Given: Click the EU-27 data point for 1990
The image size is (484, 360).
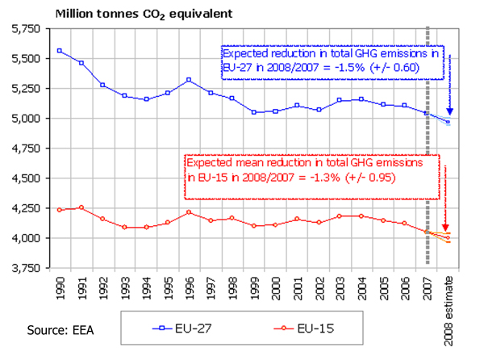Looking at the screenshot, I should [x=60, y=51].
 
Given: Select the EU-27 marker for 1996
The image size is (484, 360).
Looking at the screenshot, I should [x=187, y=80].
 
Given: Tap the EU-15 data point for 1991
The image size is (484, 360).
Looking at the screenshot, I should [x=81, y=207].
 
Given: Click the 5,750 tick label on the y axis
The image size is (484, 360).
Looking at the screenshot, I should [x=27, y=29].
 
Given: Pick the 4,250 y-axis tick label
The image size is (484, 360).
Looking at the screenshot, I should [x=27, y=208].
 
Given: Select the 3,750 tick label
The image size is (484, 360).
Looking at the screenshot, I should [x=27, y=268].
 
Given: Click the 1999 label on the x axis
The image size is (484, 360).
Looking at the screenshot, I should [x=252, y=284].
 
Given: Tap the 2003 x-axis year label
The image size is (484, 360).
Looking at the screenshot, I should [x=337, y=284].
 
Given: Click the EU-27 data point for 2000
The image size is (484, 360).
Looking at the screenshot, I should [x=273, y=111].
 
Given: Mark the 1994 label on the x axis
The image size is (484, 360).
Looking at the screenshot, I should [x=145, y=284].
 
